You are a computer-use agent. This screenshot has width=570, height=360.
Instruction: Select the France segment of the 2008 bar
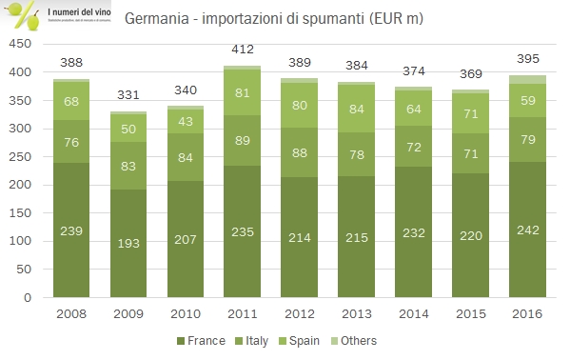70,230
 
